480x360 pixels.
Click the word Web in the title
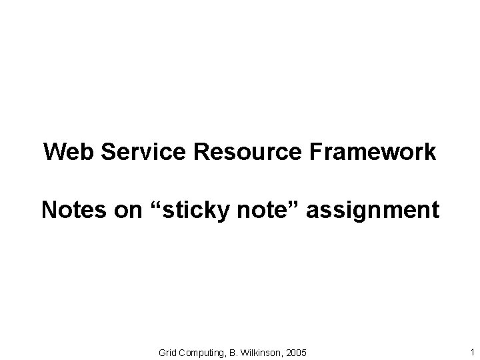pyautogui.click(x=65, y=152)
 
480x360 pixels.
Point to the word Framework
pyautogui.click(x=373, y=152)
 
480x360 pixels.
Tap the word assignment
pyautogui.click(x=372, y=210)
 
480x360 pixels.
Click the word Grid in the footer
pyautogui.click(x=168, y=351)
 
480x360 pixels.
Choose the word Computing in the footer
pyautogui.click(x=203, y=351)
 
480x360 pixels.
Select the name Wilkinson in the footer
pyautogui.click(x=261, y=351)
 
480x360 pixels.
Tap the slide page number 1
pyautogui.click(x=472, y=351)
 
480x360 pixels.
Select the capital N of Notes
pyautogui.click(x=49, y=210)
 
